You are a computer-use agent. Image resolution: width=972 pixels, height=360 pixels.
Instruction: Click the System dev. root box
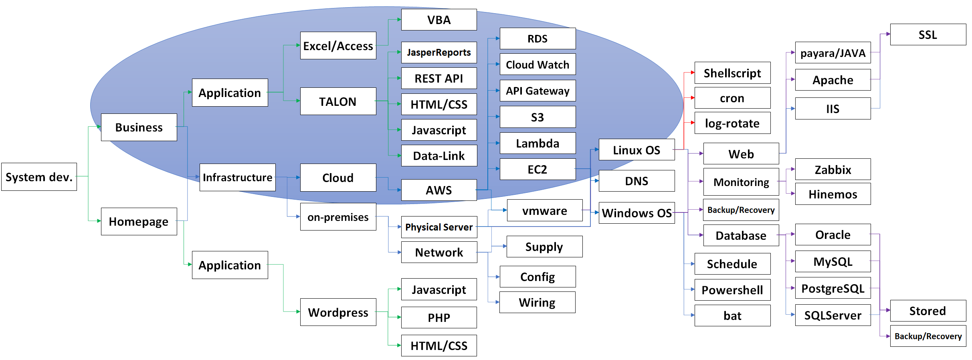(39, 177)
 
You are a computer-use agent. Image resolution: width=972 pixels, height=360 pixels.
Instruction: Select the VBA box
(439, 20)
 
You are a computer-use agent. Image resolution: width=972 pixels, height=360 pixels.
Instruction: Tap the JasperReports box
(439, 53)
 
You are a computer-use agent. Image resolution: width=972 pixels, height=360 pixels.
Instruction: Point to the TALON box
(338, 101)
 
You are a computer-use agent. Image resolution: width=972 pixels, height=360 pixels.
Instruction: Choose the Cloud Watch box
(538, 65)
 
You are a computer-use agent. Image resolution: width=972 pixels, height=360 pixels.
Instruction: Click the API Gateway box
(538, 91)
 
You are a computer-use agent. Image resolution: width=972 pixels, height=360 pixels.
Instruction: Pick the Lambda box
(538, 143)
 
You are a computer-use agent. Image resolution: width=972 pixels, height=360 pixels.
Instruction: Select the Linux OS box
(637, 150)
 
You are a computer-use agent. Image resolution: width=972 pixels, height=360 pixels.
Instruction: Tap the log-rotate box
(732, 123)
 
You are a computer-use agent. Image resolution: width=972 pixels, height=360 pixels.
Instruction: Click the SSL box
(928, 34)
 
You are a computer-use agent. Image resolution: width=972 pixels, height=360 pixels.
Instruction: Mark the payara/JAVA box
(833, 53)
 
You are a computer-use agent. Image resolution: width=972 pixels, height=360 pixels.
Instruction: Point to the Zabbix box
(833, 170)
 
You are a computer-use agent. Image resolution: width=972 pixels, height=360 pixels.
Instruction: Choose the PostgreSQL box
(833, 288)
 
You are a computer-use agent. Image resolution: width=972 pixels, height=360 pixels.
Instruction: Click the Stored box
(928, 311)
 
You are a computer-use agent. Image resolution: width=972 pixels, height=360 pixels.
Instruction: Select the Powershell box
(732, 290)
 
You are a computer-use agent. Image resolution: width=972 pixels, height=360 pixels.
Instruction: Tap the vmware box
(545, 210)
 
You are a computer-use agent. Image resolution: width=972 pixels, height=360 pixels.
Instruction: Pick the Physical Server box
(439, 227)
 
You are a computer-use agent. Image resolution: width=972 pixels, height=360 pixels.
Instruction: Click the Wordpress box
(338, 312)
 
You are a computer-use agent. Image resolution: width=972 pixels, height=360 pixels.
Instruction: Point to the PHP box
(439, 318)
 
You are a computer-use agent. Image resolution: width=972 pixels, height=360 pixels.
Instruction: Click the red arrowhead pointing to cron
(693, 98)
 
